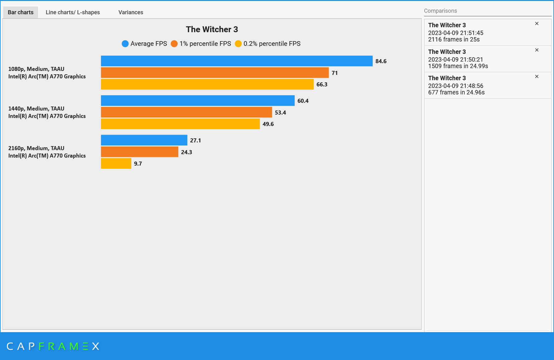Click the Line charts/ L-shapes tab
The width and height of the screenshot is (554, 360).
[73, 12]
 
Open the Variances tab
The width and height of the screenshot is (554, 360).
[131, 12]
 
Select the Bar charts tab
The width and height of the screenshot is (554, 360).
[20, 12]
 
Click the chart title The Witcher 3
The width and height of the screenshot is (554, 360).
[212, 29]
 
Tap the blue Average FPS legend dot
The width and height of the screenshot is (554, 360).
[125, 44]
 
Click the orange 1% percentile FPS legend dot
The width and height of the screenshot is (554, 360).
[174, 44]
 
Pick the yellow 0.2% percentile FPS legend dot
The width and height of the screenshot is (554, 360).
[238, 44]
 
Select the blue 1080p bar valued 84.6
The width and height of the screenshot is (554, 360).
[236, 61]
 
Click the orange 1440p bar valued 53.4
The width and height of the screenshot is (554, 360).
[186, 112]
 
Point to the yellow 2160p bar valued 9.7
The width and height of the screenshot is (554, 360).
[116, 163]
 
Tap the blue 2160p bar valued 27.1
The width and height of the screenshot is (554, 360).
[144, 140]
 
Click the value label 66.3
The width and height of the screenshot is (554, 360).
[322, 85]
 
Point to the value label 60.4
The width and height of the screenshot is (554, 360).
[303, 101]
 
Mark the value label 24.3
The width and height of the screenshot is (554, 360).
[186, 152]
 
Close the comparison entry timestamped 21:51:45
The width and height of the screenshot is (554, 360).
[537, 24]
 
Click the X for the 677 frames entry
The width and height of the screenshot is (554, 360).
[537, 76]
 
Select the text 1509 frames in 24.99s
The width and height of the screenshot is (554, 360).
[458, 66]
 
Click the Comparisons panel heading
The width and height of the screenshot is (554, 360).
[440, 11]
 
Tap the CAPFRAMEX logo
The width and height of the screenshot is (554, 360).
[53, 346]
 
